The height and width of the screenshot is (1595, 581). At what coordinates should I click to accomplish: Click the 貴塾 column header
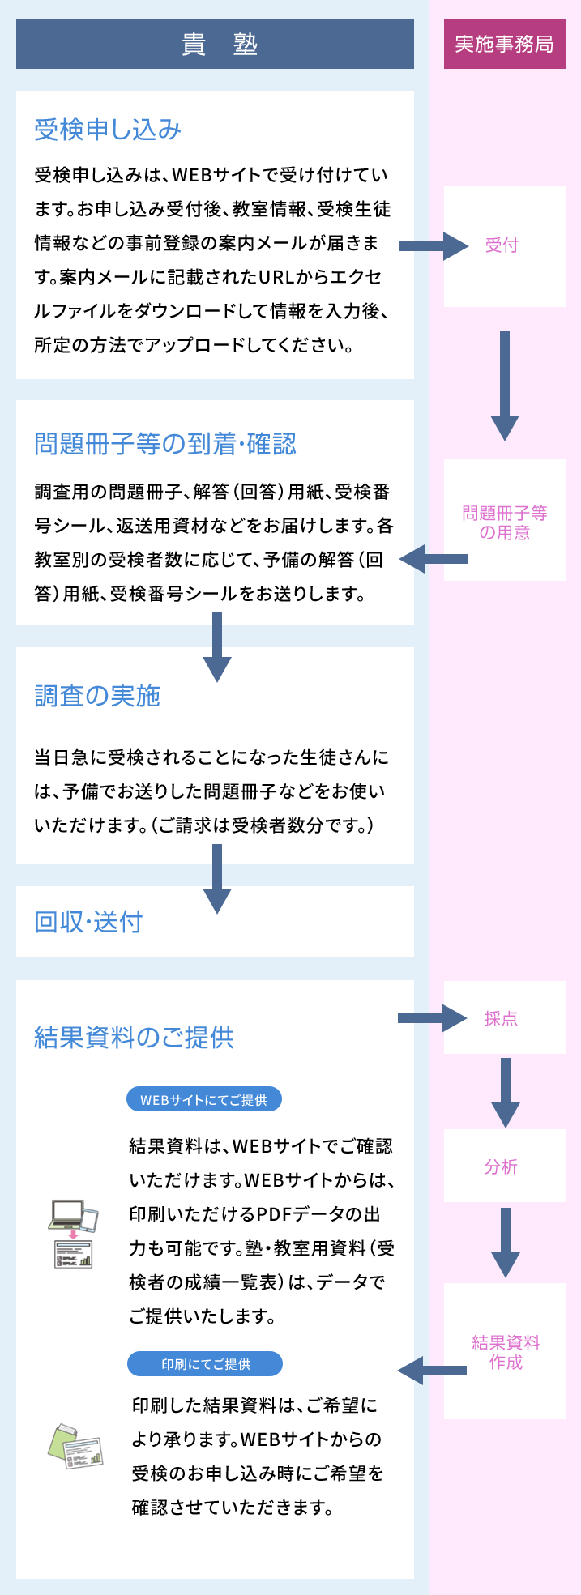pyautogui.click(x=215, y=44)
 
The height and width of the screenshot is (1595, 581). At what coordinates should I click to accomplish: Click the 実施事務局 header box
pyautogui.click(x=504, y=44)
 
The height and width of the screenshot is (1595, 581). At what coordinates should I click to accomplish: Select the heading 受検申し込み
pyautogui.click(x=108, y=130)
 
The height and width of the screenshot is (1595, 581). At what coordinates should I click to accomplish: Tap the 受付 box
pyautogui.click(x=504, y=245)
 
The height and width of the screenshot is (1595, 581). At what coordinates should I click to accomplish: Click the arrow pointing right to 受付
pyautogui.click(x=433, y=245)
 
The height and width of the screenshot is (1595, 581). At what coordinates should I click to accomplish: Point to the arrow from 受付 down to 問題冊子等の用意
pyautogui.click(x=504, y=385)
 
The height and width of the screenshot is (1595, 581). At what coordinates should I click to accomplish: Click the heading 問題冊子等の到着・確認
pyautogui.click(x=165, y=444)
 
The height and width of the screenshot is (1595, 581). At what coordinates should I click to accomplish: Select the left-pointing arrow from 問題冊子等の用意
pyautogui.click(x=434, y=559)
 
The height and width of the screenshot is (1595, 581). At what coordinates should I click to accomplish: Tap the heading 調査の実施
pyautogui.click(x=97, y=696)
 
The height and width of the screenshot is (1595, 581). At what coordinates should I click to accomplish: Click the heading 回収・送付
pyautogui.click(x=88, y=922)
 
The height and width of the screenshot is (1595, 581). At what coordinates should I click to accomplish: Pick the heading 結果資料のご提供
pyautogui.click(x=134, y=1038)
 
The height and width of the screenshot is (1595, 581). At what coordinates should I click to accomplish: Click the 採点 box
pyautogui.click(x=504, y=1018)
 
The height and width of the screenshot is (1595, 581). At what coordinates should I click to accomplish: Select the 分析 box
pyautogui.click(x=504, y=1166)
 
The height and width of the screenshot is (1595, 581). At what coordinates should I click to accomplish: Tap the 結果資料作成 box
pyautogui.click(x=504, y=1352)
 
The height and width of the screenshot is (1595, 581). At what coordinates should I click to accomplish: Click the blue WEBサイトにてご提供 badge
pyautogui.click(x=203, y=1100)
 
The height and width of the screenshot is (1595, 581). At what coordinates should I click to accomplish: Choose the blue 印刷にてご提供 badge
pyautogui.click(x=205, y=1364)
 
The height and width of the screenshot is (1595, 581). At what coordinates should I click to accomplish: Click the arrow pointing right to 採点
pyautogui.click(x=432, y=1018)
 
